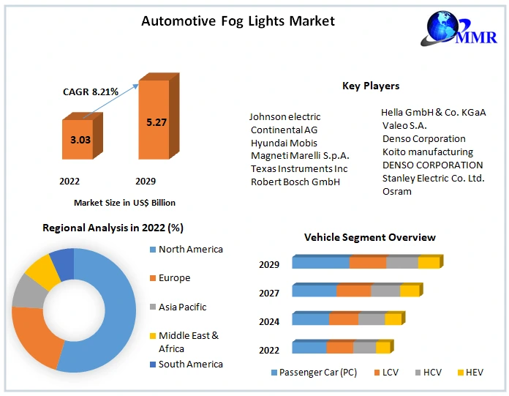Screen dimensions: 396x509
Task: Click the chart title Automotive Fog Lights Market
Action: pos(238,21)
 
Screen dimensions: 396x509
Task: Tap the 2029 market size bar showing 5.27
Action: pos(156,123)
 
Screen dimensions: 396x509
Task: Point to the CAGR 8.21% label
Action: pos(91,91)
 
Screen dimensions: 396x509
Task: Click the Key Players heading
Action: pos(371,86)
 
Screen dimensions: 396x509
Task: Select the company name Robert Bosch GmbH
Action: pos(295,182)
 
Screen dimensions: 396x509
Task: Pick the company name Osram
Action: pos(397,191)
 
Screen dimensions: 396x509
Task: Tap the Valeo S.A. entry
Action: pos(404,125)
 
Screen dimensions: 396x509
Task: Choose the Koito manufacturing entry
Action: pos(428,152)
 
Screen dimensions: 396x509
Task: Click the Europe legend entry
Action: pos(174,278)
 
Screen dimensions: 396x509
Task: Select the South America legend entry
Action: pos(190,364)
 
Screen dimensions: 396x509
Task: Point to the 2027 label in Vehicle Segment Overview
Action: pos(269,293)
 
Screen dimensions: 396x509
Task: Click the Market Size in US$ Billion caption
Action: pos(124,203)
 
